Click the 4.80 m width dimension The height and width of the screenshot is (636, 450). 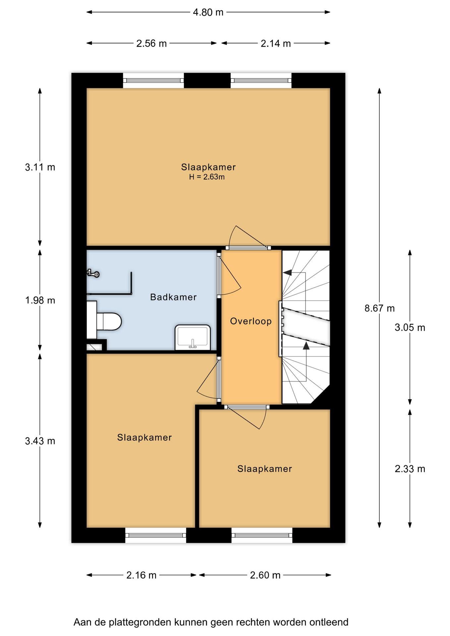coord(208,12)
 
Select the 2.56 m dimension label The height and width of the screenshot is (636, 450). coord(151,43)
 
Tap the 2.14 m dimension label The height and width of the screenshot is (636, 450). coord(276,43)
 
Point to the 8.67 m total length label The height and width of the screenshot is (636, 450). coord(379,308)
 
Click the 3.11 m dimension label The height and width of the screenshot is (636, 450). coord(40,167)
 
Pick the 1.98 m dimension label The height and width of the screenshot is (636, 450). coord(40,300)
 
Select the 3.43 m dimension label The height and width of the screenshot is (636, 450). coord(40,441)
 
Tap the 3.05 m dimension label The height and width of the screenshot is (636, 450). coord(410,328)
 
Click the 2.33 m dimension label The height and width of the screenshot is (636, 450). coord(410,469)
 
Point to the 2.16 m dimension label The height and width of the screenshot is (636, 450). coord(141,575)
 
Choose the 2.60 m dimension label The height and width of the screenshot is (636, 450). coord(265,575)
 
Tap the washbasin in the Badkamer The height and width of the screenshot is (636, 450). coord(193,337)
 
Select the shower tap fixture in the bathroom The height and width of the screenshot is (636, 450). coord(93,273)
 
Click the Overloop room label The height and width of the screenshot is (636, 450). coord(251,321)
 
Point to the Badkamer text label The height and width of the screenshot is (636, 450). coord(173,297)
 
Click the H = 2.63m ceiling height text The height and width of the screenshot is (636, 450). coord(207,177)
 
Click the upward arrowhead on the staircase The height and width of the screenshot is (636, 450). coord(306,345)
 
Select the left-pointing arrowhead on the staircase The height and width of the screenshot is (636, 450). coord(287,273)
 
